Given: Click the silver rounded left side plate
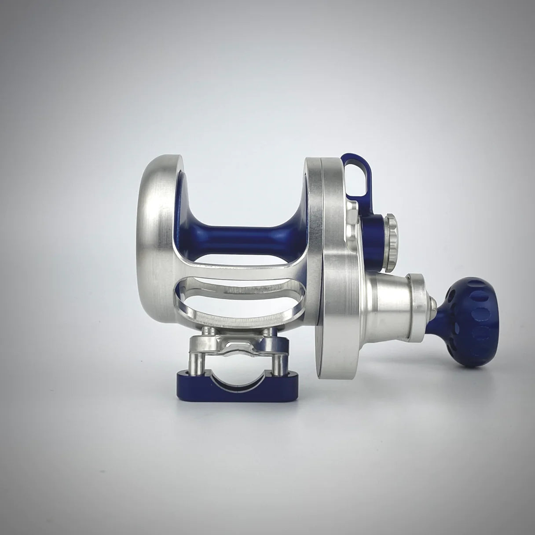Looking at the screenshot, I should [154, 246].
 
